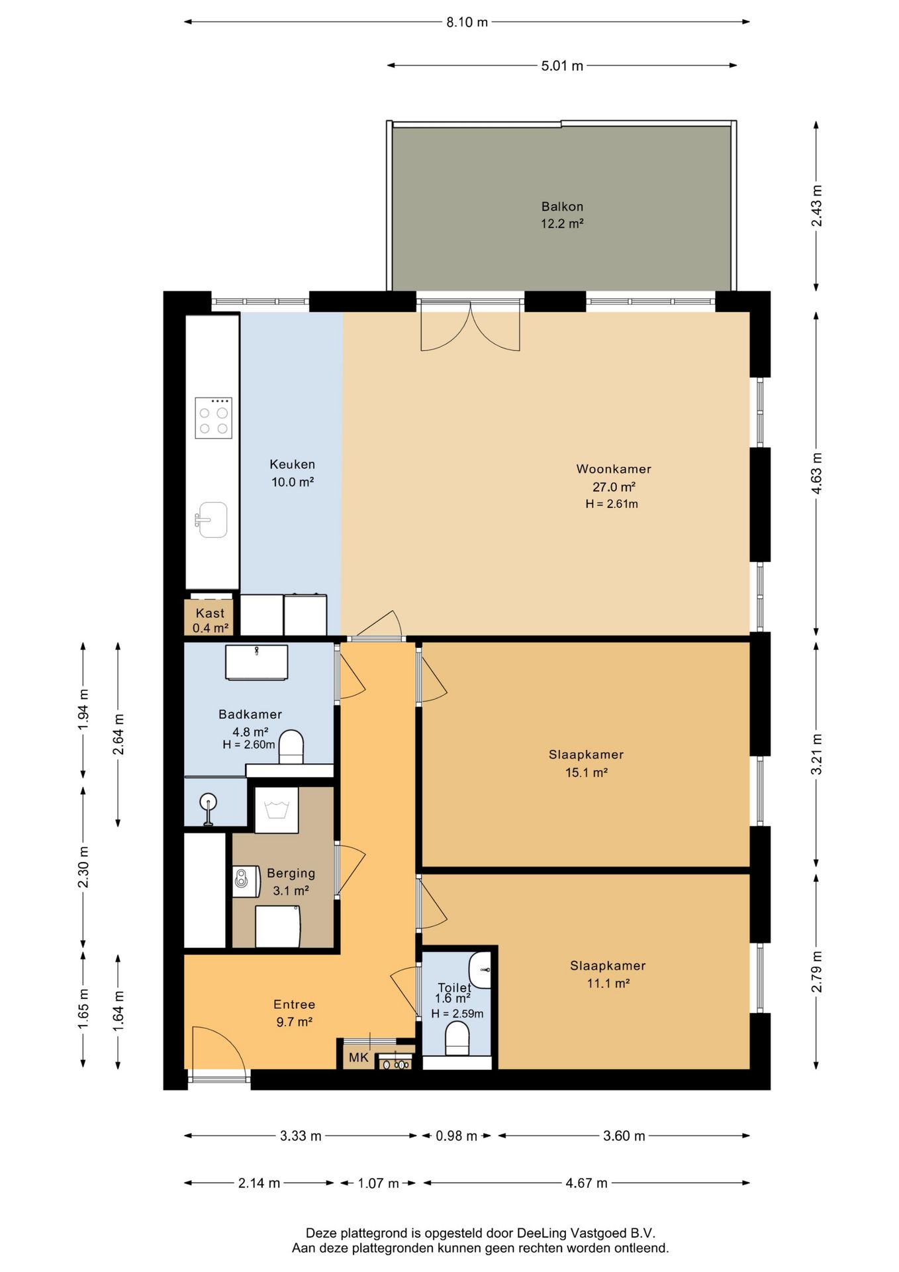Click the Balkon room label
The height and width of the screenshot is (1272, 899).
[x=562, y=206]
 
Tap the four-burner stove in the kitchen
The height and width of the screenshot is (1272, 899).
[x=213, y=417]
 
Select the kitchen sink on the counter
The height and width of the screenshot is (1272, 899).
[x=211, y=520]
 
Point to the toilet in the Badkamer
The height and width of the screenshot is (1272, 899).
[x=291, y=747]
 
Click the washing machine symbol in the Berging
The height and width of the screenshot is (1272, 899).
[x=277, y=810]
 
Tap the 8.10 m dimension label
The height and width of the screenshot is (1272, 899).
[x=467, y=22]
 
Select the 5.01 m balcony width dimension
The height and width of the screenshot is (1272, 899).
[x=562, y=66]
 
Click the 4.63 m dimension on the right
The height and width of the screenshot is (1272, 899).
[x=816, y=473]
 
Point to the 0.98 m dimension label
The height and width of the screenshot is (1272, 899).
[x=456, y=1136]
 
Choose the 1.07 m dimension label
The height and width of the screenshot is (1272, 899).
[x=378, y=1183]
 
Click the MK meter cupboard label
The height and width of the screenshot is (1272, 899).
[x=358, y=1057]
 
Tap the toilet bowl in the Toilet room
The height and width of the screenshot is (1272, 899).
[x=457, y=1038]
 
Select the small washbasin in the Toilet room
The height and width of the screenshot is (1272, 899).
[x=480, y=970]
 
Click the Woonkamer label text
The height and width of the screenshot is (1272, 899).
[x=614, y=469]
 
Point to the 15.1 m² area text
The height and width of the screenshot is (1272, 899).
[x=587, y=772]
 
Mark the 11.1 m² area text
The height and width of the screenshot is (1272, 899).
[x=608, y=983]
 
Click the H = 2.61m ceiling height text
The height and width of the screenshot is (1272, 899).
[x=612, y=503]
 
